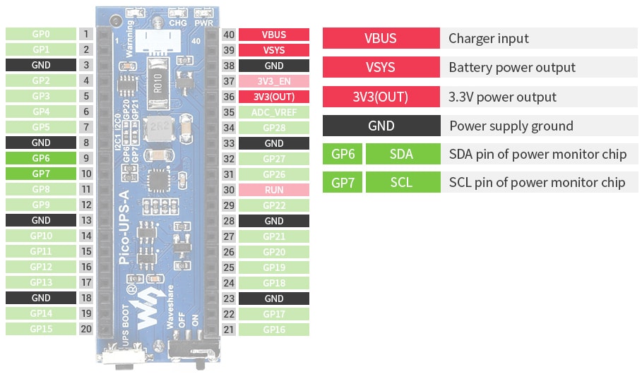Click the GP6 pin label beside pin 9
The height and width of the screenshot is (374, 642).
tap(41, 158)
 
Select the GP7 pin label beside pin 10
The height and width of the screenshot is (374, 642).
tap(41, 174)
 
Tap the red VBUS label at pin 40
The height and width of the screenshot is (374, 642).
tap(274, 35)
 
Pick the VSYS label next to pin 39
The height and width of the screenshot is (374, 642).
tap(274, 50)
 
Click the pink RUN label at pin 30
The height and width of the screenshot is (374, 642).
tap(274, 190)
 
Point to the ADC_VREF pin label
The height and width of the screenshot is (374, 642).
tap(274, 112)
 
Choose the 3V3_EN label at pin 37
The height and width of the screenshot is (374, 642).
tap(274, 81)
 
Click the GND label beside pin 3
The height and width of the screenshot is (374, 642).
tap(41, 65)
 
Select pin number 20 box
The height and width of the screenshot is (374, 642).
tap(86, 329)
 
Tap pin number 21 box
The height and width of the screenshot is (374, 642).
tap(229, 329)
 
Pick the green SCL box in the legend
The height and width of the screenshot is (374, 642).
tap(401, 183)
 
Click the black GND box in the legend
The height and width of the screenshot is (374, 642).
tap(381, 126)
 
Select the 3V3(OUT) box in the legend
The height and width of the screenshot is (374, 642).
tap(381, 97)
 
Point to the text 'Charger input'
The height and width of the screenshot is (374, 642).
tap(489, 39)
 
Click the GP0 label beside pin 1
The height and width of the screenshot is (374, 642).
tap(41, 34)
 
